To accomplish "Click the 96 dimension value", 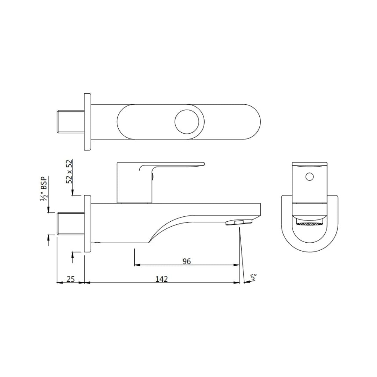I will coord(187,261).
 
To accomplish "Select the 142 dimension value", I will coord(162,279).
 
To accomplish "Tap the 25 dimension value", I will coord(71,279).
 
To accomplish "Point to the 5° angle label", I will coord(253,278).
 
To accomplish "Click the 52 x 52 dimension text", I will coord(69,171).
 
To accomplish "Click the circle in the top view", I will coord(187,121).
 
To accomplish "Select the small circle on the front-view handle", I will coord(310,177).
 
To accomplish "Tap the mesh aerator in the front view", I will coord(310,223).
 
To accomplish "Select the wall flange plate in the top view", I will coord(88,121).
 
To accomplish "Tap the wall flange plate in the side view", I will coord(88,223).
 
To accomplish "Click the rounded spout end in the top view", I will coord(253,121).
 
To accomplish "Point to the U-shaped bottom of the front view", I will coord(310,244).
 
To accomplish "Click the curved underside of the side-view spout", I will coord(168,223).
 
